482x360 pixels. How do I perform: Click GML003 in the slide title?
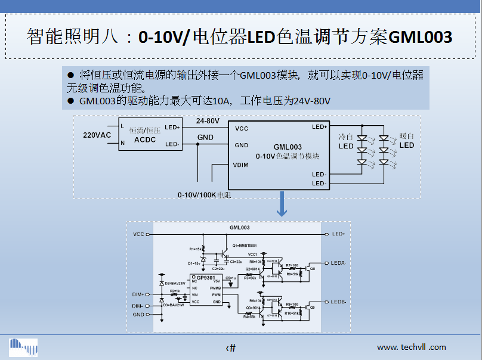coord(420,37)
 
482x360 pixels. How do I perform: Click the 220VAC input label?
coord(97,135)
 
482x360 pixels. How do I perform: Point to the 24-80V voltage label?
coord(208,121)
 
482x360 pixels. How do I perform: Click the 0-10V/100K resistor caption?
coord(203,194)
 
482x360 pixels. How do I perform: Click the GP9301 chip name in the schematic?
coord(205,278)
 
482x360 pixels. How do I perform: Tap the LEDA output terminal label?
coord(338,263)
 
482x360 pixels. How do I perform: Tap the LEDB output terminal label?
coord(338,302)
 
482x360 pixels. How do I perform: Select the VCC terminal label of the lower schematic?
coord(138,234)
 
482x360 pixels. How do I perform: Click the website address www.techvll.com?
coord(411,347)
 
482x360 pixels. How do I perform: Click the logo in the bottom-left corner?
coord(23,347)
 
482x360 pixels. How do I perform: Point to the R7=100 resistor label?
coord(292,265)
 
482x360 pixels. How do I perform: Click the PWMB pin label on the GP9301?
coord(215,288)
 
